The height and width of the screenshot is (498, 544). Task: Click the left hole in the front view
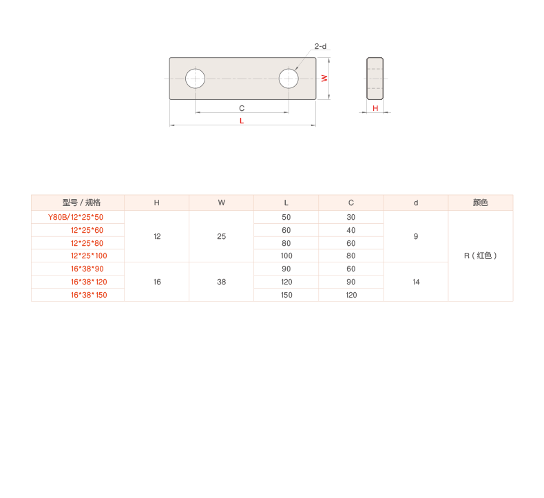pos(196,79)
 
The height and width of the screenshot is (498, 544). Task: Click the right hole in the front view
pos(289,79)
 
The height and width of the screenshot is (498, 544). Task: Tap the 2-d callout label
pos(320,47)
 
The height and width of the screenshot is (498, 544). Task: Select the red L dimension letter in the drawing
pos(242,121)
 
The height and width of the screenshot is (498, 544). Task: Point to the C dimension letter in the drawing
pos(242,108)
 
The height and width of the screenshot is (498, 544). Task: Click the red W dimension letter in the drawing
pos(324,79)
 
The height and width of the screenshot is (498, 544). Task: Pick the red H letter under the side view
pos(376,108)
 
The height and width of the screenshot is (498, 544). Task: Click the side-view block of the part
pos(375,78)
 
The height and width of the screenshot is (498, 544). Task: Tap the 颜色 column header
pos(481,203)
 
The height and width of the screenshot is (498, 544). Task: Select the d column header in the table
pos(416,203)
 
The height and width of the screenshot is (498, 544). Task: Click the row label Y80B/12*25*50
pos(76,217)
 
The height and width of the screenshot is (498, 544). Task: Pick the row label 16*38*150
pos(88,295)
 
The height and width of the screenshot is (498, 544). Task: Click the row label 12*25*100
pos(88,256)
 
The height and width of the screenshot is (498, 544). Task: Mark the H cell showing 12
pos(157,236)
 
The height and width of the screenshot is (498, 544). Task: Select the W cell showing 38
pos(222,282)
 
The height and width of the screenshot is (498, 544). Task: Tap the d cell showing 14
pos(416,282)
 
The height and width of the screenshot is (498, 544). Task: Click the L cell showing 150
pos(286,295)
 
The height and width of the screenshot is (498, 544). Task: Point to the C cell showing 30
pos(351,217)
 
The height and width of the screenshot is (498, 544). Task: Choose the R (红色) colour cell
pos(480,256)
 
